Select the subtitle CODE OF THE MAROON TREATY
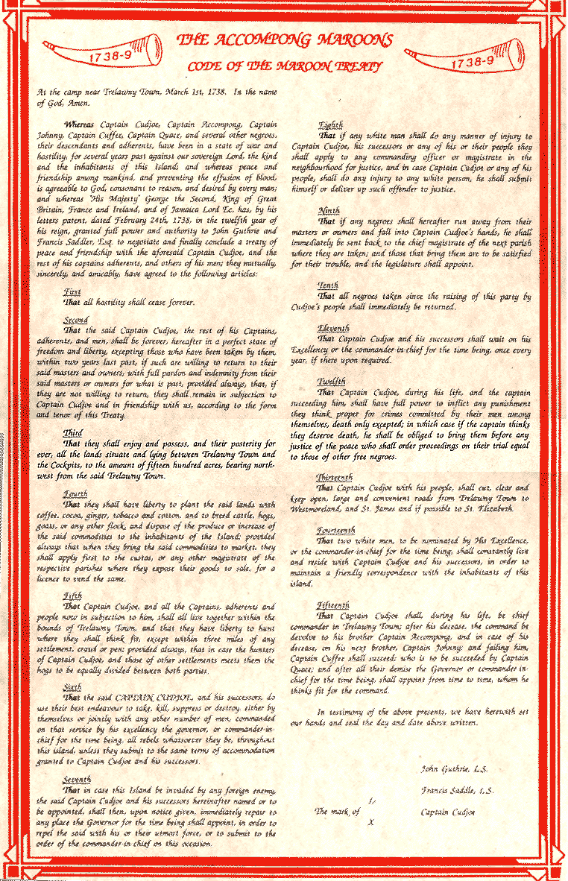coord(285,66)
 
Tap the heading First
coord(72,293)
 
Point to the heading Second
coord(76,320)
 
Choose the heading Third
coord(73,432)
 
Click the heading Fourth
coord(75,493)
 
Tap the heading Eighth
coord(330,126)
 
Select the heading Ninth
coord(329,211)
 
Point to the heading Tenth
coord(328,285)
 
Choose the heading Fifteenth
coord(335,604)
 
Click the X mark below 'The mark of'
coord(370,822)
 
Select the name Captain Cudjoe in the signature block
coord(448,811)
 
